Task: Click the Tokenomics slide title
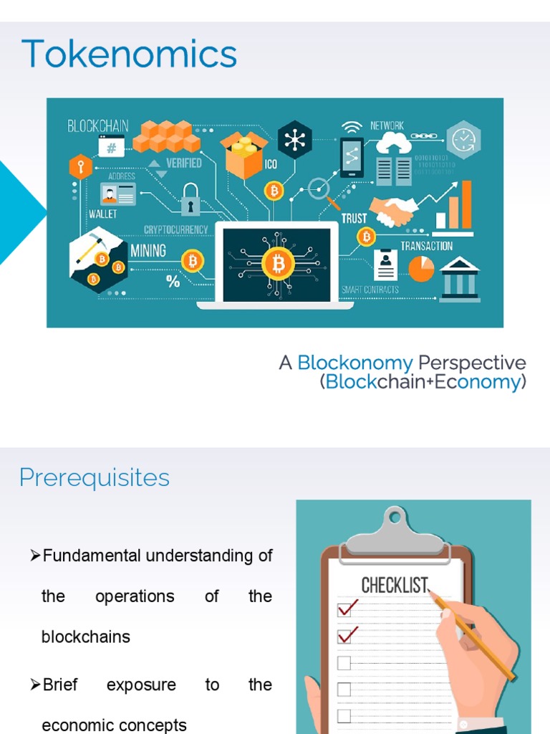click(129, 54)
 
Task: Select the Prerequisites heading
click(95, 477)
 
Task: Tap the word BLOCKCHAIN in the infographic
click(98, 126)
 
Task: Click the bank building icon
click(460, 280)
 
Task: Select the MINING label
click(148, 251)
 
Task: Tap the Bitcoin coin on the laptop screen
click(278, 264)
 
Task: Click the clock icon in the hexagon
click(463, 138)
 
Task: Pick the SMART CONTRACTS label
click(370, 290)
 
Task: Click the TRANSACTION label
click(426, 246)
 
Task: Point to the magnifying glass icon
click(319, 190)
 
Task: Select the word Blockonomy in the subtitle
click(355, 363)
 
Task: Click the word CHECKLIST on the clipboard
click(394, 585)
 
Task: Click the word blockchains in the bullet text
click(86, 637)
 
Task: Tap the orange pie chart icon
click(421, 269)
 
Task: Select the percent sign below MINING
click(173, 282)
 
